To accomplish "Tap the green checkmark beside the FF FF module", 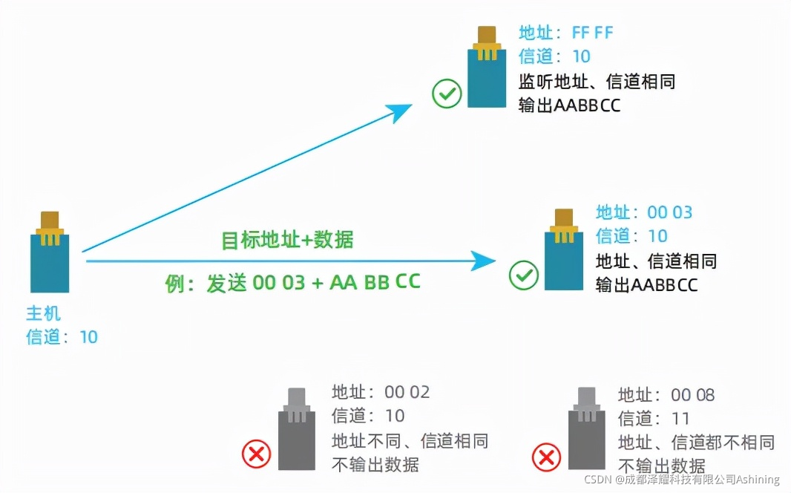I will point(447,94).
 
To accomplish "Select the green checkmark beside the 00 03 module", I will point(524,275).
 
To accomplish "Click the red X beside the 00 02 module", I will point(257,453).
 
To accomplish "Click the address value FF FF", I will point(593,33).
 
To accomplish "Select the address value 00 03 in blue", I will point(669,212).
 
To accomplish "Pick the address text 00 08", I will point(692,395).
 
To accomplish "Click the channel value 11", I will point(680,418).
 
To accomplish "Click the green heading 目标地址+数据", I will point(287,240).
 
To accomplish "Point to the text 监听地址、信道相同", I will point(597,81).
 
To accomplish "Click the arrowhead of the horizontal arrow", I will point(486,260).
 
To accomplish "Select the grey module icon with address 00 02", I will point(296,430).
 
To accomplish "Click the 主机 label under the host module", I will point(43,313).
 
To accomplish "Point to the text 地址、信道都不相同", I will point(696,443).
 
